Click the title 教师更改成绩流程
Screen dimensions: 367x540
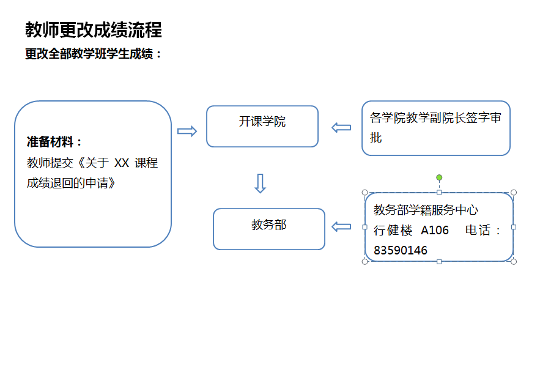(93, 29)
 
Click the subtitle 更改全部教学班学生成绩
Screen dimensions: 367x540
(94, 54)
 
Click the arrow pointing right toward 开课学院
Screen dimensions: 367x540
(187, 131)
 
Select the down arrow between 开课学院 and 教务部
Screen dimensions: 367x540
(260, 183)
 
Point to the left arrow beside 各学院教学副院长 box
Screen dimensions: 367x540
(341, 127)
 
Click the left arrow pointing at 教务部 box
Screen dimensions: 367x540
(341, 226)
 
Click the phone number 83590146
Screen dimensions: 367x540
(401, 251)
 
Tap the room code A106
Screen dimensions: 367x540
(435, 230)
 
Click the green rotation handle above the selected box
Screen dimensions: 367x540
(439, 177)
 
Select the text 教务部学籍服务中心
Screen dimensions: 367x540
(426, 210)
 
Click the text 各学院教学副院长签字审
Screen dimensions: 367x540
(435, 118)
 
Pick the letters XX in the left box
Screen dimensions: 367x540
(122, 163)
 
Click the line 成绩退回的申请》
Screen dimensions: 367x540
(71, 182)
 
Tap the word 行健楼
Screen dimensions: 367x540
(393, 230)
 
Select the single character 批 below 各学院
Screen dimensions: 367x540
(376, 138)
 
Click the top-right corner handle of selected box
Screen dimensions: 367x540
(514, 192)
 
